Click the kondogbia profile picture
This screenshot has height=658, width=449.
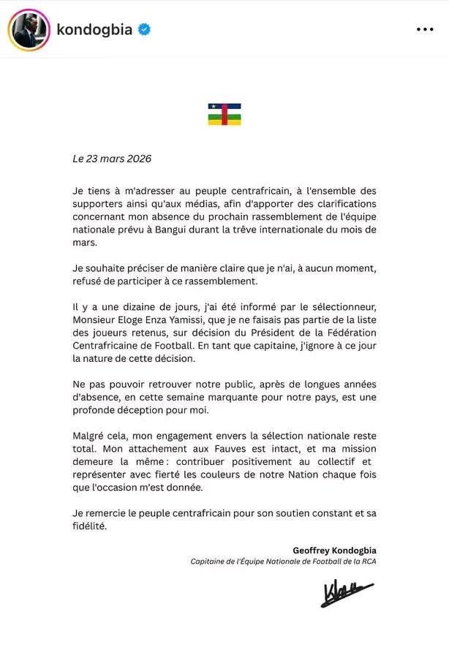(27, 30)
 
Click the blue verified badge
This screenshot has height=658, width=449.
(145, 30)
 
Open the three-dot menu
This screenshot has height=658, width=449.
(425, 30)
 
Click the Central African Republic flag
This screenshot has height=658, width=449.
(224, 114)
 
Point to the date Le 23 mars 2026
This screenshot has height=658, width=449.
(102, 158)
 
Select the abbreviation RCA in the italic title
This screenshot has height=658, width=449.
(366, 561)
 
